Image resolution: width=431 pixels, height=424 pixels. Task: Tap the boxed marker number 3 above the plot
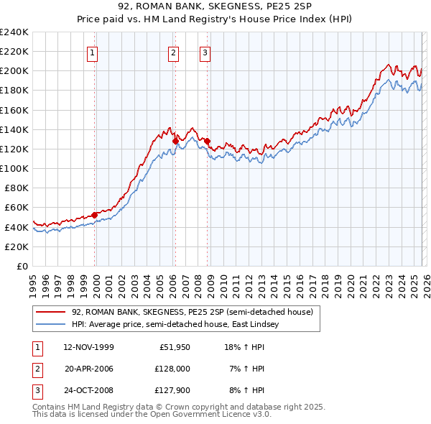[x=205, y=52]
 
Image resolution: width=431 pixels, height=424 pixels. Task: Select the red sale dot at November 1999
[x=95, y=215]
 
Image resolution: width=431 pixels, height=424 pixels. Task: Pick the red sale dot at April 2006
[x=175, y=141]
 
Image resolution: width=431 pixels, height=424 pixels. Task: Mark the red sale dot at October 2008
[x=208, y=141]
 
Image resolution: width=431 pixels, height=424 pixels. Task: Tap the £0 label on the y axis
[x=22, y=266]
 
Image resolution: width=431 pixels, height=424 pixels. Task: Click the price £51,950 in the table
[x=170, y=347]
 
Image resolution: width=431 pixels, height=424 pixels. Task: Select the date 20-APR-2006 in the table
[x=88, y=369]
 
